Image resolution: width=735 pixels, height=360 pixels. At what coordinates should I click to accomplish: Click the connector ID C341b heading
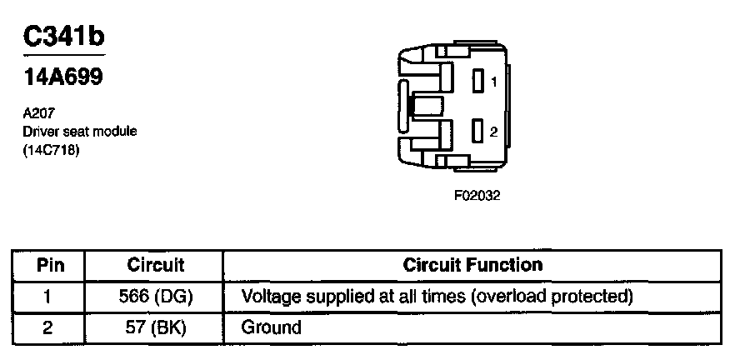[63, 36]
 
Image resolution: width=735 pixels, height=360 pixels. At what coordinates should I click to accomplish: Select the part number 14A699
[62, 77]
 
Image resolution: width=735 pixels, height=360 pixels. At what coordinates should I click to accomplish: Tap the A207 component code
[39, 113]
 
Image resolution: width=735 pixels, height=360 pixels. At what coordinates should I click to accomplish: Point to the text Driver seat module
[80, 132]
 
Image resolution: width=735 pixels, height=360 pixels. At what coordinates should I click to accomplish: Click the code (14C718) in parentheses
[50, 152]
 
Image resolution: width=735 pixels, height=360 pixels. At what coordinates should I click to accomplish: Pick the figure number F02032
[477, 196]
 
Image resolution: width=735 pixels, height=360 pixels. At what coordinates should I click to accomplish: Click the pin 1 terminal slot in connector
[477, 81]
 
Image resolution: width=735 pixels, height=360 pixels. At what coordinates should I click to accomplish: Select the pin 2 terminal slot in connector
[477, 131]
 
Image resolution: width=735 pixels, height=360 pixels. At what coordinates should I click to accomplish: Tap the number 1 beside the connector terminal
[493, 82]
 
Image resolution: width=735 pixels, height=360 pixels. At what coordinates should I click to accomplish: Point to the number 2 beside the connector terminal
[493, 132]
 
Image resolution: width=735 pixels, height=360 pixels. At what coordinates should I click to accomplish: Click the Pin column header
[50, 265]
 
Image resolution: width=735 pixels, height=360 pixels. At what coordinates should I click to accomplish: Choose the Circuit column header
[155, 265]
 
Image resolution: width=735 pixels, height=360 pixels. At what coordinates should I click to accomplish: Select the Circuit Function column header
[472, 265]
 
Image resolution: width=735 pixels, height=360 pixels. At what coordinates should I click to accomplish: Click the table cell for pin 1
[47, 297]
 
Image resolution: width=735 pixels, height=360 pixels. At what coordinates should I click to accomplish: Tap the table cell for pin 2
[47, 327]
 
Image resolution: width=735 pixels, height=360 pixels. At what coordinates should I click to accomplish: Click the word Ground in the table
[271, 327]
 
